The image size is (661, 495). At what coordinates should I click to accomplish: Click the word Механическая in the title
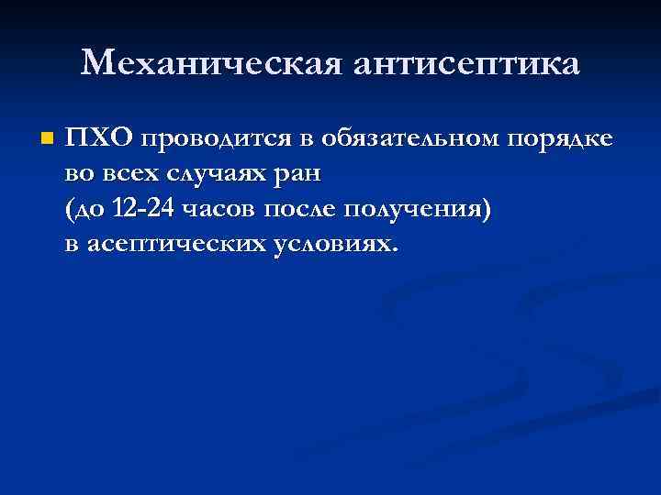tap(208, 63)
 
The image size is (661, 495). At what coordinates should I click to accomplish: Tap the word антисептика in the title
tap(463, 63)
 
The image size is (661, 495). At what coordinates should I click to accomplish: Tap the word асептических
tap(174, 245)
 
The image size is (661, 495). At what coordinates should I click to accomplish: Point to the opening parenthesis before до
tap(70, 210)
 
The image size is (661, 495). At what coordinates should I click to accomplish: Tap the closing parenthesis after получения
tap(486, 210)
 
